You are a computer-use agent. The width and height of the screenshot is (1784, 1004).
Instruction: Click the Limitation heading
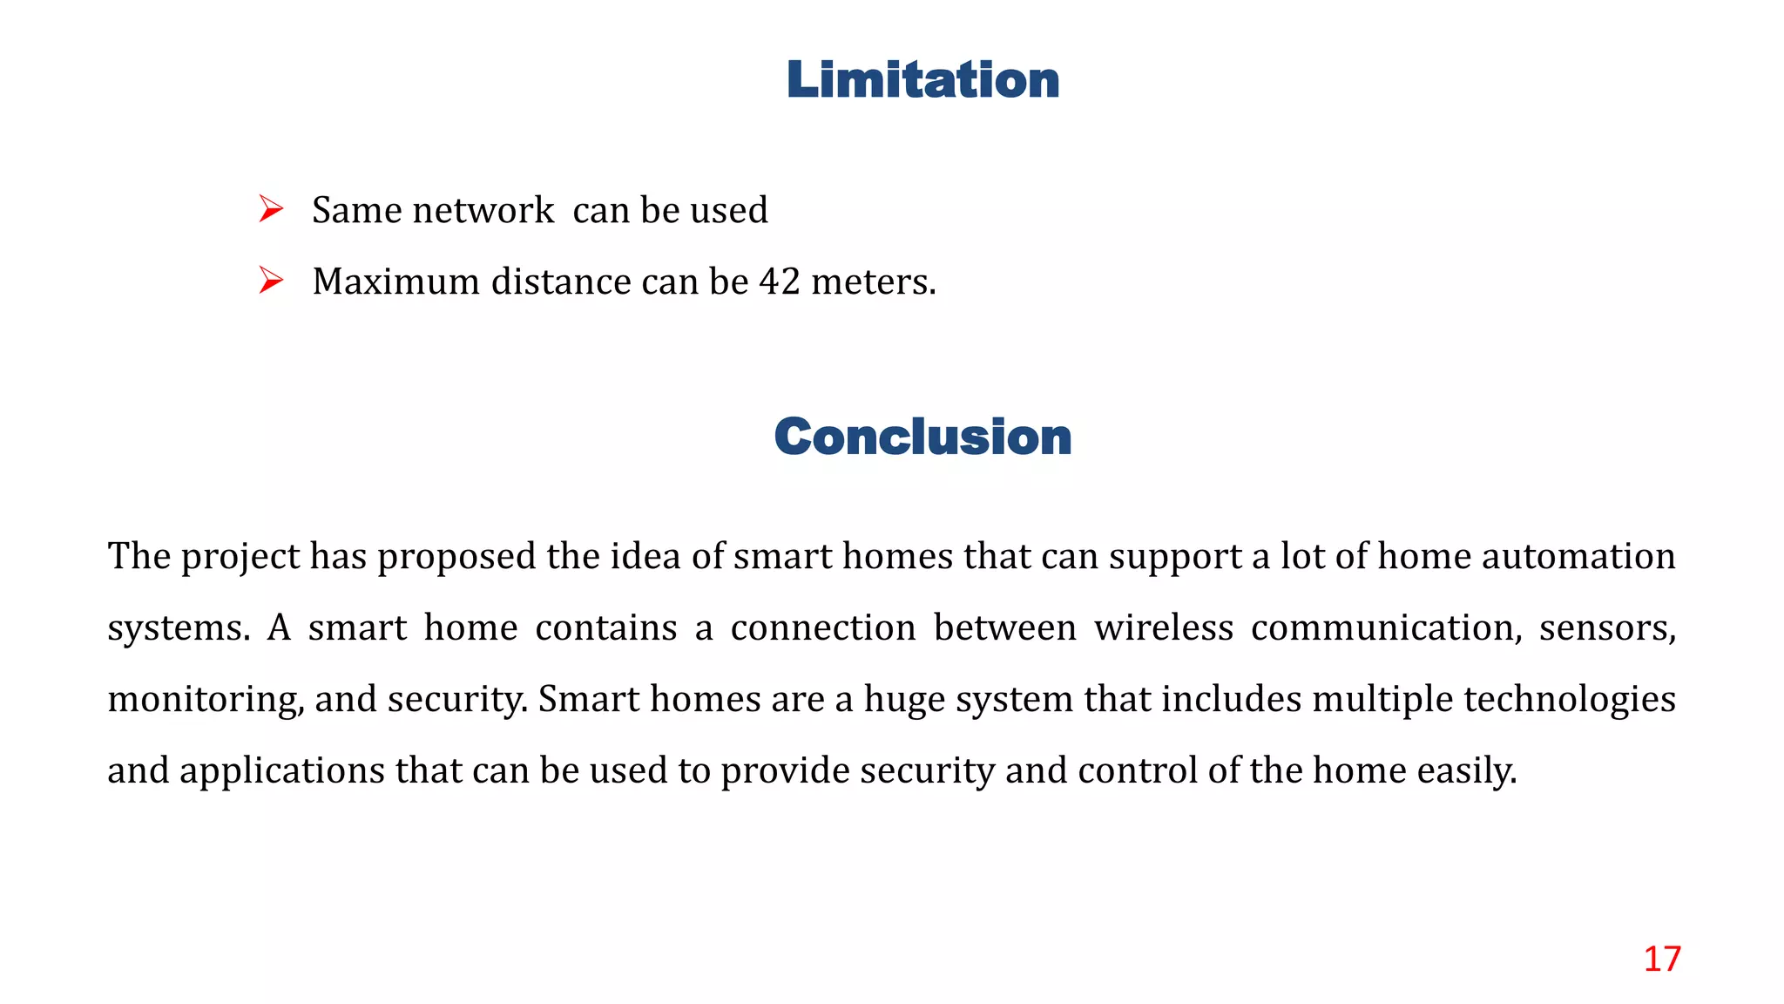pyautogui.click(x=922, y=80)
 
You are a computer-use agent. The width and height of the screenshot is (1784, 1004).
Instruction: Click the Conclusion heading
pyautogui.click(x=922, y=437)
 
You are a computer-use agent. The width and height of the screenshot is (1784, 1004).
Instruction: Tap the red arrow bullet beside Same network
pyautogui.click(x=271, y=209)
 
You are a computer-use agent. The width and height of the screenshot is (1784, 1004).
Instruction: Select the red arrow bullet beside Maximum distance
pyautogui.click(x=271, y=281)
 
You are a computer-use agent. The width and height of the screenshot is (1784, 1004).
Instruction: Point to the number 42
pyautogui.click(x=780, y=282)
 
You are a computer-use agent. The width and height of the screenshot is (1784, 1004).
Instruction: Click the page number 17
pyautogui.click(x=1661, y=959)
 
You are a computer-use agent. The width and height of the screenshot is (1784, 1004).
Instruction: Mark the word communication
pyautogui.click(x=1386, y=628)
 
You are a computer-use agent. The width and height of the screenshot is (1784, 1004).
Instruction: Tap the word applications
pyautogui.click(x=282, y=771)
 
